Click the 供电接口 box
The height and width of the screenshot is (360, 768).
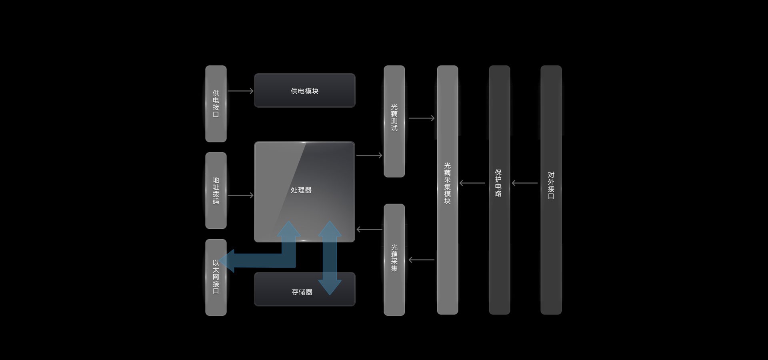point(216,104)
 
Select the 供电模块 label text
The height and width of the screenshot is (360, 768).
point(304,91)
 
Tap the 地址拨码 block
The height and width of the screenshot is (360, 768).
point(216,190)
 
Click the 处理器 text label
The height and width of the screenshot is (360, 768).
point(301,190)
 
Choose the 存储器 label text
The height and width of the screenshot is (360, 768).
point(302,292)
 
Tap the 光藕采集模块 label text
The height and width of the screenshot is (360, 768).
point(447,183)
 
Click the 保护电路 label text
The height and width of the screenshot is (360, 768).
point(498,183)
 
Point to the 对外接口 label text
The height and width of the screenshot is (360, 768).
point(551,186)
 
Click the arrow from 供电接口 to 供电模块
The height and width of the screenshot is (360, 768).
point(240,91)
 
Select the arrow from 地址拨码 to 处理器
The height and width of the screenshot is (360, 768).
point(240,195)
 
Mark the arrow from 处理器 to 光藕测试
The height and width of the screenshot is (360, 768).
point(369,155)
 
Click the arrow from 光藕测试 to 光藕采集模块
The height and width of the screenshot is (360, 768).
point(422,118)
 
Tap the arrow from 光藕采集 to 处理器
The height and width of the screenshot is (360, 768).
point(369,229)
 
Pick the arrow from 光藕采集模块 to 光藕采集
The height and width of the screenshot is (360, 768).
point(422,260)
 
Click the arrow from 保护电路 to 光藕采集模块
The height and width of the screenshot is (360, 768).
point(472,183)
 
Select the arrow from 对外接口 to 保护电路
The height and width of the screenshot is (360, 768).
point(525,183)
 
